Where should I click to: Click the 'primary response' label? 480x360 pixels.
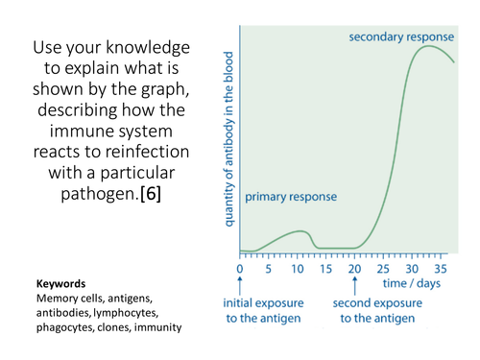click(x=291, y=197)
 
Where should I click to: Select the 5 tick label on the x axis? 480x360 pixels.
click(x=269, y=270)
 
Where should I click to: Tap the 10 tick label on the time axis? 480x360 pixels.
click(x=298, y=270)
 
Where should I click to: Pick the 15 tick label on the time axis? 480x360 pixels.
click(x=326, y=270)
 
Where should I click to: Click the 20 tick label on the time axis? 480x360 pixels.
click(x=355, y=270)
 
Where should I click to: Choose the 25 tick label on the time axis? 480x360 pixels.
click(x=385, y=270)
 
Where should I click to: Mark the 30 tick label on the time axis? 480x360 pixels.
click(x=414, y=270)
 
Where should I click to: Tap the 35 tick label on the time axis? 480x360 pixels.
click(x=443, y=270)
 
